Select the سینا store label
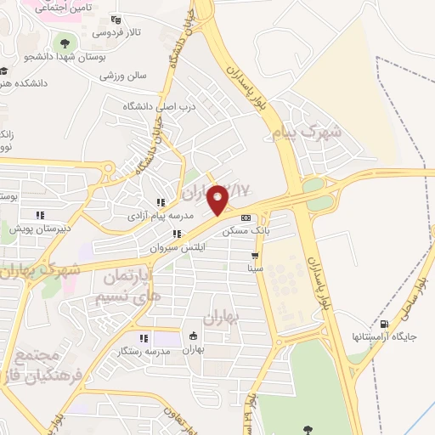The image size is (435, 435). click(255, 268)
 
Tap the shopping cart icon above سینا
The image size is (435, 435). click(254, 255)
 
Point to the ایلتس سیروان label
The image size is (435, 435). click(172, 248)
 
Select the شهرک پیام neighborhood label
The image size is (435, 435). click(312, 133)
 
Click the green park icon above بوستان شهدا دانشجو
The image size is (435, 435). click(62, 41)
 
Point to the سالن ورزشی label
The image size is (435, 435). click(123, 75)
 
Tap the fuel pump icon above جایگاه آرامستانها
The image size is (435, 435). click(385, 324)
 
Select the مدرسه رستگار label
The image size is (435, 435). click(142, 350)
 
